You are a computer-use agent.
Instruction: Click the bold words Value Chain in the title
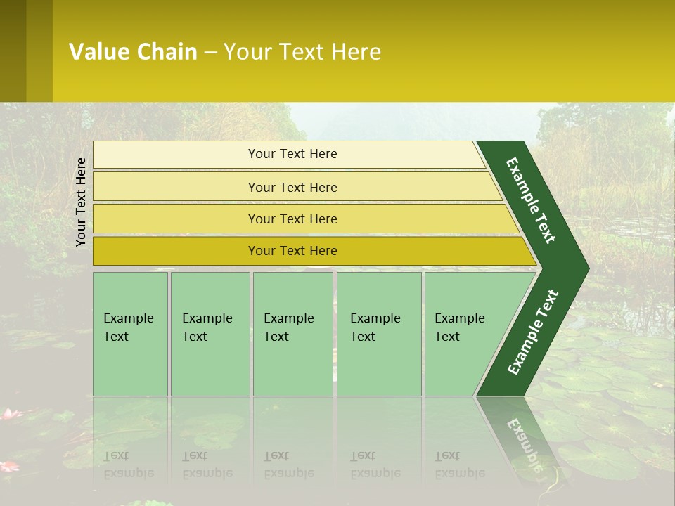pos(133,51)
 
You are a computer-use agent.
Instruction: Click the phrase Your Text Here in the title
pos(302,51)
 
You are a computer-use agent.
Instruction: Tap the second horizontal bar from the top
pos(292,187)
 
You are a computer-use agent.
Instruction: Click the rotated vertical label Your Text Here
pos(81,202)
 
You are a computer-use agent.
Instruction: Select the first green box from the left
pos(130,334)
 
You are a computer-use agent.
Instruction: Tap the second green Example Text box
pos(210,334)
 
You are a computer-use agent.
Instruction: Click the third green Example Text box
pos(292,334)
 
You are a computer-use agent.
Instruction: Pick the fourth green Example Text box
pos(378,334)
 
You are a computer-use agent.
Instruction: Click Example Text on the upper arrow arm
pos(531,200)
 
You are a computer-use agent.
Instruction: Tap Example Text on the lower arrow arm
pos(533,332)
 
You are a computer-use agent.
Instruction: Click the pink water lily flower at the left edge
pos(8,414)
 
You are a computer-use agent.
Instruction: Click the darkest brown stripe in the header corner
pos(13,51)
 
